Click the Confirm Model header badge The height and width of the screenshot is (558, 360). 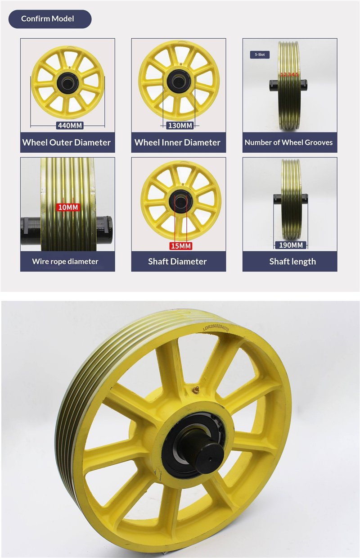(50, 19)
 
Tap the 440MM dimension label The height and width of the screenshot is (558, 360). (70, 125)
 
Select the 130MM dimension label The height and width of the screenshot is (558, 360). (180, 125)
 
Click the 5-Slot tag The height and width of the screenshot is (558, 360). (260, 54)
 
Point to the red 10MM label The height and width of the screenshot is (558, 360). (68, 207)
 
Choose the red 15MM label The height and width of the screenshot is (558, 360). (181, 246)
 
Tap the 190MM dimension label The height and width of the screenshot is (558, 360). (291, 245)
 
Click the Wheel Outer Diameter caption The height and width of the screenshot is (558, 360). (67, 142)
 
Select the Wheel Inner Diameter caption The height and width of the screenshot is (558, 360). (177, 142)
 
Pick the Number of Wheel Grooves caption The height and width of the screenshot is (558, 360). (288, 142)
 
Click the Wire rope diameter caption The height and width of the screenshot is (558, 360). (65, 261)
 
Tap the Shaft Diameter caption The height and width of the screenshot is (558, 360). (177, 261)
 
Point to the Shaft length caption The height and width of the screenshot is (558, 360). (292, 262)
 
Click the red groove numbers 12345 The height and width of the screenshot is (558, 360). (289, 74)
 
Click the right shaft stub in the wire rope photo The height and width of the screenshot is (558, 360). (104, 230)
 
